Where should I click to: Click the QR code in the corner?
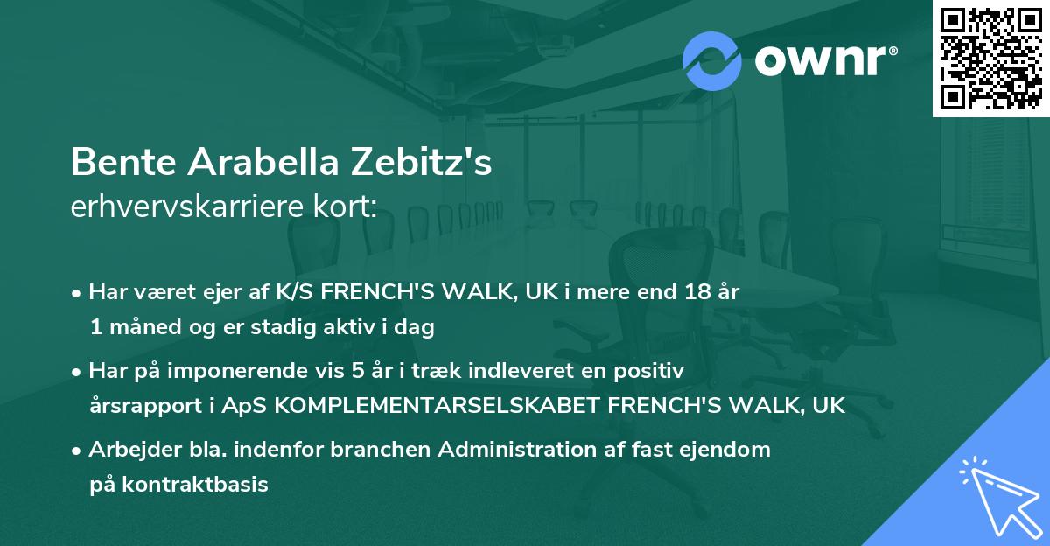tap(990, 58)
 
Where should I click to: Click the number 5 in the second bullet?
tap(358, 371)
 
